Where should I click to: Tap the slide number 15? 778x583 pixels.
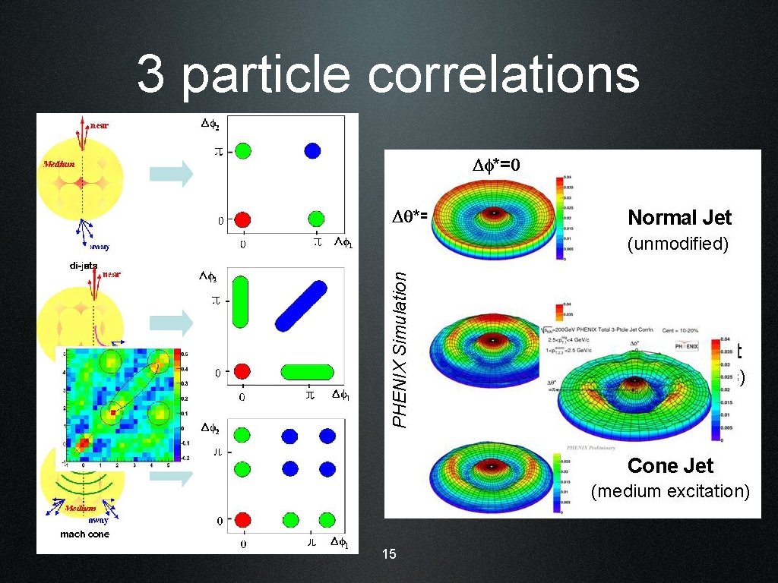tap(389, 554)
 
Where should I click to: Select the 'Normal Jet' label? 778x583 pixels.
tap(679, 218)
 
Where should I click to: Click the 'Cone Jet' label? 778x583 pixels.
tap(670, 465)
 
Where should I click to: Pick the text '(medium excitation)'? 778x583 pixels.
tap(670, 491)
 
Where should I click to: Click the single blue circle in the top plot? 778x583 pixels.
tap(312, 150)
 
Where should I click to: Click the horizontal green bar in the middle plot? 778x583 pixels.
tap(307, 371)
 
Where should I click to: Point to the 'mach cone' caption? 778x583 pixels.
tap(84, 534)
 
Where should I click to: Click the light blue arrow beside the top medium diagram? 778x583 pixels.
tap(171, 174)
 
